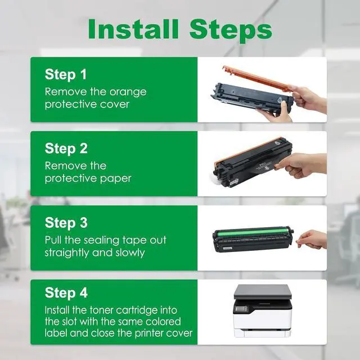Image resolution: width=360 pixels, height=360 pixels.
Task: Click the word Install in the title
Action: tap(133, 29)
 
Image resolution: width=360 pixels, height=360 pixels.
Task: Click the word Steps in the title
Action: tap(231, 30)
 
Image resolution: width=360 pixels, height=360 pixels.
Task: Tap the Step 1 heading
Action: tap(66, 74)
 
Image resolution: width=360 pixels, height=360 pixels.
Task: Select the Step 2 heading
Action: tap(66, 148)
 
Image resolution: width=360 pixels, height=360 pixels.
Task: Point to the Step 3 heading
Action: tap(66, 223)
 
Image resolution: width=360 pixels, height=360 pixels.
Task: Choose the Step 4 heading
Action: tap(66, 292)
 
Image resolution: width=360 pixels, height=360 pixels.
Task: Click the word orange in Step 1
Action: tap(128, 92)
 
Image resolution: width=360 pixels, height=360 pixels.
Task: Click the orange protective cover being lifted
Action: tap(257, 78)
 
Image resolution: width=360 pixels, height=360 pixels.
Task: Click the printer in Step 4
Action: tap(263, 311)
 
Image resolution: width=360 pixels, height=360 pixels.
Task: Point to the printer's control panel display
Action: tap(241, 309)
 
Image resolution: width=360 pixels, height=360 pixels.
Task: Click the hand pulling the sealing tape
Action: tap(311, 240)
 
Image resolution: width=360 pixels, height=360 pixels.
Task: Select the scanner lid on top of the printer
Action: tap(263, 291)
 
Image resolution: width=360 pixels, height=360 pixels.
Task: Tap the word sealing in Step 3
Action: tap(101, 241)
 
